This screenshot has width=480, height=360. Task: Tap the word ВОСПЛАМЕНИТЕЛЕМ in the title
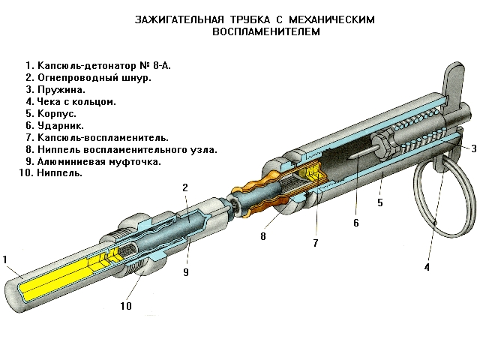[266, 32]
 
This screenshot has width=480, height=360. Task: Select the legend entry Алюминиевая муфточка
[93, 160]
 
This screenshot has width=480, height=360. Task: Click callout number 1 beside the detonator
[5, 259]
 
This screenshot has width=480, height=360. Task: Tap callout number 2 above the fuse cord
[185, 187]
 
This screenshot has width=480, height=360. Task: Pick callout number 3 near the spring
[474, 149]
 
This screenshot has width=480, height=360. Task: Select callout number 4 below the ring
[427, 266]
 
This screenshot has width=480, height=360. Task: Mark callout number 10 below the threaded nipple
[126, 305]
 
